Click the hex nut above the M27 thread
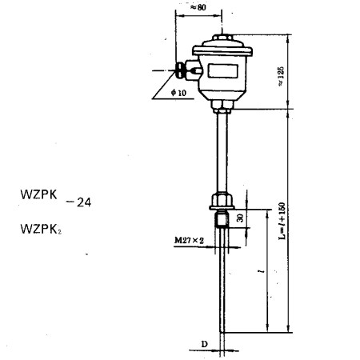pyautogui.click(x=222, y=198)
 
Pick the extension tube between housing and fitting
pyautogui.click(x=222, y=152)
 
